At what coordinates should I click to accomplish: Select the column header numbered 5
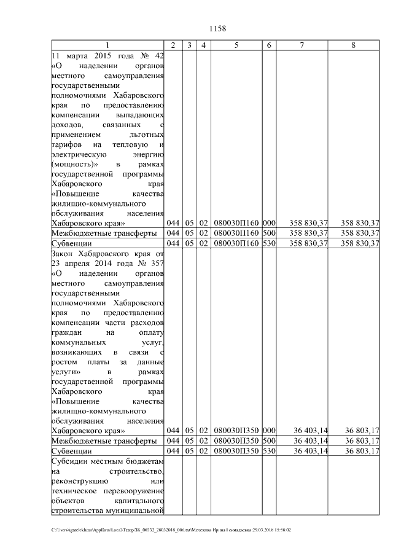236,45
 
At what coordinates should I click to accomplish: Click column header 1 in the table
107,45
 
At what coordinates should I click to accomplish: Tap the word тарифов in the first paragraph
68,144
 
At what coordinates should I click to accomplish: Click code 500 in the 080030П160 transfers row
269,233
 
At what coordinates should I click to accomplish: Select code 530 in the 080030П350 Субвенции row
269,451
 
